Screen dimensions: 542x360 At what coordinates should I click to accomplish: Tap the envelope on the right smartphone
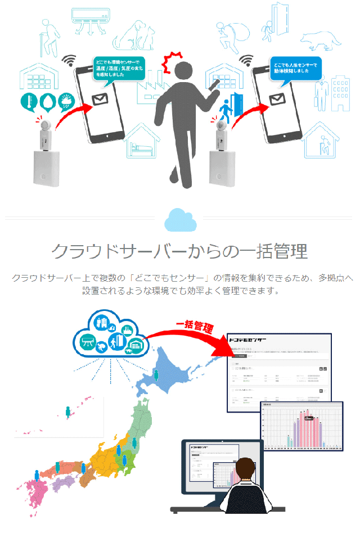278,100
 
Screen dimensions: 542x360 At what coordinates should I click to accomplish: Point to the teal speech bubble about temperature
116,68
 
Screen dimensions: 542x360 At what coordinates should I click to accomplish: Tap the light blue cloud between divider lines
180,220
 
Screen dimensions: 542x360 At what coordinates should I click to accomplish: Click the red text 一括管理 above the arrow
194,326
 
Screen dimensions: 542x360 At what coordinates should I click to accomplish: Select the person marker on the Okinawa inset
68,412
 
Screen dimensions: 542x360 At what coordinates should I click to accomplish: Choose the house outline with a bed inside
142,143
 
